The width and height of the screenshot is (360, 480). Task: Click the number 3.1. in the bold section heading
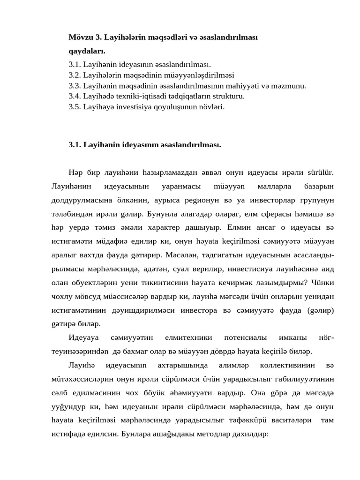click(75, 145)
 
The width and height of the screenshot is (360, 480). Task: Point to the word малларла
click(274, 187)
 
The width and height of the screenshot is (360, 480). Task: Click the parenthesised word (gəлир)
click(320, 311)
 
